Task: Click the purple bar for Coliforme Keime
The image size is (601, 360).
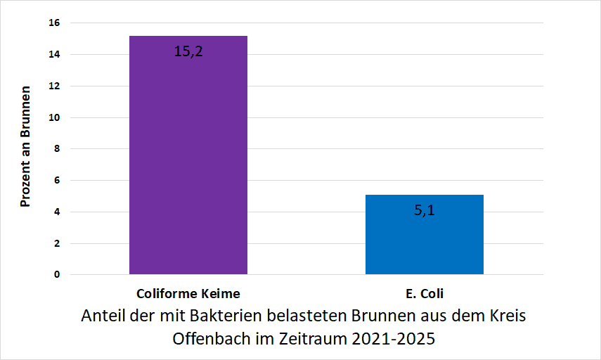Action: (188, 155)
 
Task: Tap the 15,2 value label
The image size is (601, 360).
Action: (188, 51)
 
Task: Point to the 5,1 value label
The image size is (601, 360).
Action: (424, 210)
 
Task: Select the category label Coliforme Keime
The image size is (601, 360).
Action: (188, 293)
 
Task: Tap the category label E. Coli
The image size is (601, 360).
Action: (424, 293)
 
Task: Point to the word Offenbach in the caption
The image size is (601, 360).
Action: (207, 338)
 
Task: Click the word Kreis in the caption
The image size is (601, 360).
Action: (507, 315)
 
